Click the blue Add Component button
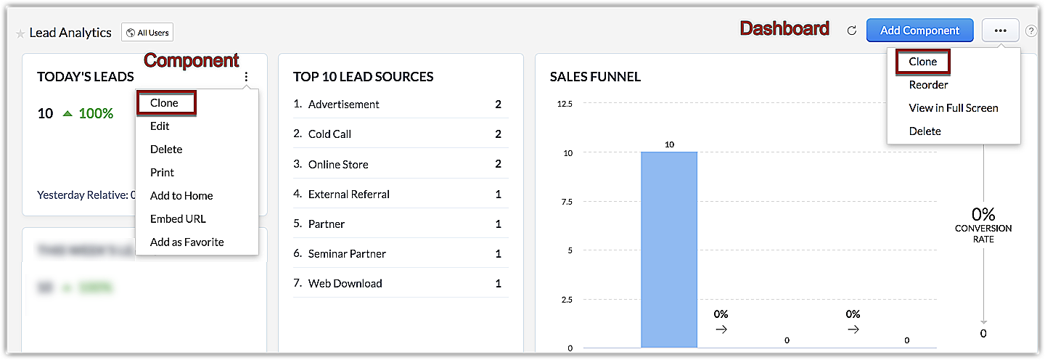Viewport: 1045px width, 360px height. click(919, 30)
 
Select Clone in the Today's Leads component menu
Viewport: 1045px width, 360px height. click(165, 103)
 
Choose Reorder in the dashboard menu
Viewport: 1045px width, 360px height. click(928, 85)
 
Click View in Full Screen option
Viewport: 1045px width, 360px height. click(954, 108)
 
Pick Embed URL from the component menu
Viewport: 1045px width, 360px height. click(178, 219)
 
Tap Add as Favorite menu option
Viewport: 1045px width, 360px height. click(187, 242)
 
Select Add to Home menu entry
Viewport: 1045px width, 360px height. click(181, 196)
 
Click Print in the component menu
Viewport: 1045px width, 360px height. click(162, 173)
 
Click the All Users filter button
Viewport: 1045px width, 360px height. click(147, 33)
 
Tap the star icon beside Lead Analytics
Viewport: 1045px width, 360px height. click(20, 33)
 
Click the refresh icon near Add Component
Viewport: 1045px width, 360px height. click(852, 30)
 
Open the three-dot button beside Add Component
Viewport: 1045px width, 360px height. click(1000, 30)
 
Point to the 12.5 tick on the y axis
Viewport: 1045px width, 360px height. click(565, 104)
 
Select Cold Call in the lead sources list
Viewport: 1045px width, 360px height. click(329, 134)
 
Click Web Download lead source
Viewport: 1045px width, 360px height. click(345, 284)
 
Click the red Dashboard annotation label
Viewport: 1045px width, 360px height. click(784, 29)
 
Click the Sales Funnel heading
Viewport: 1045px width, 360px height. click(595, 77)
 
